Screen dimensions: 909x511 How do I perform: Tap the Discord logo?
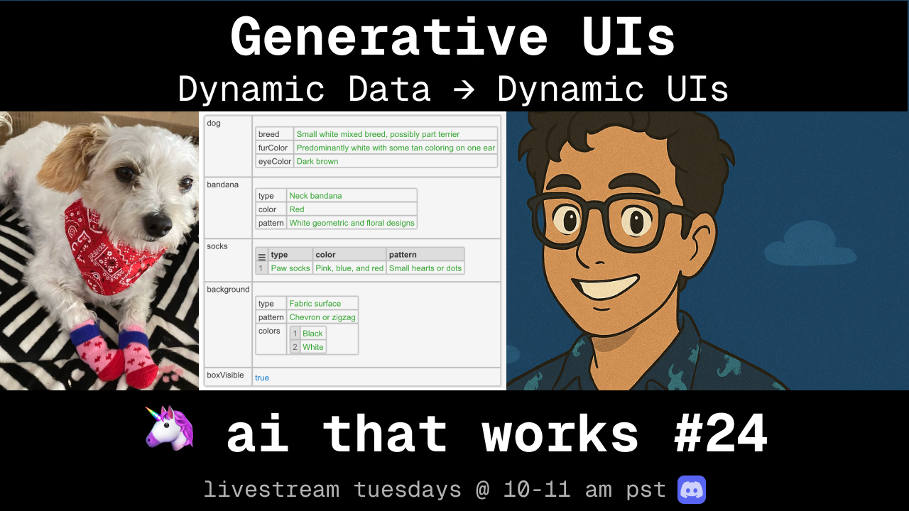692,490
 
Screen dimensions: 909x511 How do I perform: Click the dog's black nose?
157,224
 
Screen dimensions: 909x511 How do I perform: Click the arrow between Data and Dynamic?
464,89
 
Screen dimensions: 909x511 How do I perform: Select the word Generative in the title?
388,38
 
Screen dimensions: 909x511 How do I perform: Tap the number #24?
721,433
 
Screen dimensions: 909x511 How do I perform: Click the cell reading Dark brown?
396,161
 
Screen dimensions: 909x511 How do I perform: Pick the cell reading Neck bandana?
352,196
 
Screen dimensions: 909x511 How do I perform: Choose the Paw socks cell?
290,268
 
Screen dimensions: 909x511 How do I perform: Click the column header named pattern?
425,254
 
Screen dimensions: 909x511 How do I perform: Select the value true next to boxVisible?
262,378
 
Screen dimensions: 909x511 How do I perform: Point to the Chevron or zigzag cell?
322,317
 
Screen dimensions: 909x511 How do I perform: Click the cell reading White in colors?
313,347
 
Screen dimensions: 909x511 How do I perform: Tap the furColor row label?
273,148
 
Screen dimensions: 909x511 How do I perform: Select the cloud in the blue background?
810,245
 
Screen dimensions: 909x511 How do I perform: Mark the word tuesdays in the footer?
408,490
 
